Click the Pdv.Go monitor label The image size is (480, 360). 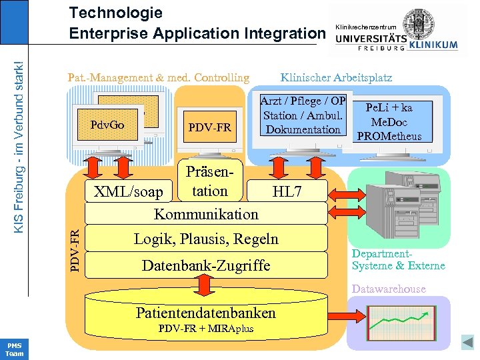[107, 125]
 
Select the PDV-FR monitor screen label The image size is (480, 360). [210, 127]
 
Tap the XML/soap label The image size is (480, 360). [128, 193]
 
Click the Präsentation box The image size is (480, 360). [209, 181]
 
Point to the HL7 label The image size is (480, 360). [287, 193]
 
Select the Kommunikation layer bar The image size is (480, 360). [206, 215]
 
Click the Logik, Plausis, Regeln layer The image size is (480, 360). [206, 239]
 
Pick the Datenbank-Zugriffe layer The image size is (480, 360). [206, 265]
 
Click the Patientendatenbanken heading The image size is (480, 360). [205, 313]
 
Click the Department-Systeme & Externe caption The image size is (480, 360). [398, 260]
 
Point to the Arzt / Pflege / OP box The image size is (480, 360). [303, 115]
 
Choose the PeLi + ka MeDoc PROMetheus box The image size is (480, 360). [389, 122]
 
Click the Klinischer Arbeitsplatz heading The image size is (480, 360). [336, 78]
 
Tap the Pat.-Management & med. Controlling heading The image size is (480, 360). [159, 78]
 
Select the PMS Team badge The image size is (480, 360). [14, 349]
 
